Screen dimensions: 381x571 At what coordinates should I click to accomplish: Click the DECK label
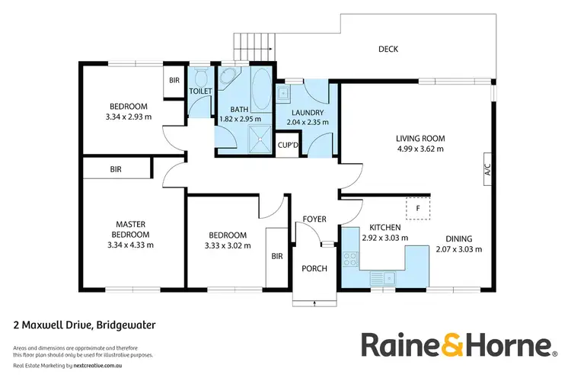(x=388, y=50)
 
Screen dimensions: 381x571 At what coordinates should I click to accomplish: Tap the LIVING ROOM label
(x=419, y=138)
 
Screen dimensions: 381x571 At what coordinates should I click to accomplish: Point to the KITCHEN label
(x=384, y=227)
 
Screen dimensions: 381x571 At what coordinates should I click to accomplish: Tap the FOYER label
(x=314, y=219)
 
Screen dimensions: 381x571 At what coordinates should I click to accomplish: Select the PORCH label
(x=314, y=267)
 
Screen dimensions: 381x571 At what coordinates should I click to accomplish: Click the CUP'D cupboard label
(x=288, y=145)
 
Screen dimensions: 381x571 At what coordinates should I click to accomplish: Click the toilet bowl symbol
(x=202, y=79)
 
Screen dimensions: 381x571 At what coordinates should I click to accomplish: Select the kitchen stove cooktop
(x=350, y=259)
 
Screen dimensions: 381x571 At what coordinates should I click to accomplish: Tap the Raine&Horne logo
(x=456, y=344)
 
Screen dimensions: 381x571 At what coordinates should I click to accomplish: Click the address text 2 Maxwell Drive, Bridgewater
(x=85, y=325)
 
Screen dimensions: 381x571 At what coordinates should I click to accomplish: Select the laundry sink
(x=282, y=94)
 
